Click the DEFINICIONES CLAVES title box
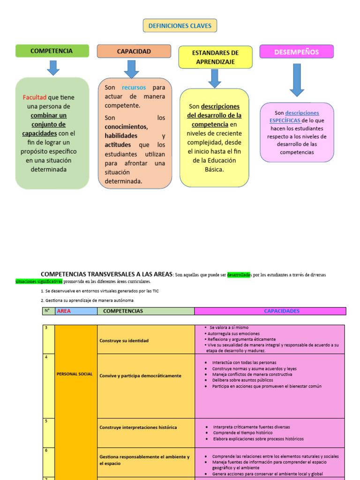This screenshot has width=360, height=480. pyautogui.click(x=180, y=26)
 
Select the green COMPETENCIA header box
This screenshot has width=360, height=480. pyautogui.click(x=52, y=51)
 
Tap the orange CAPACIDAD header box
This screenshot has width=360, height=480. pyautogui.click(x=134, y=51)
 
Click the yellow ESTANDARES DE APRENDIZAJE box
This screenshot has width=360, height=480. pyautogui.click(x=215, y=57)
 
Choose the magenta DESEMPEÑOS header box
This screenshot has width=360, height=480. pyautogui.click(x=296, y=52)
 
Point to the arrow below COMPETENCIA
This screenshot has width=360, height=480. pyautogui.click(x=53, y=67)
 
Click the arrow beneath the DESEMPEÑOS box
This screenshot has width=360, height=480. pyautogui.click(x=297, y=80)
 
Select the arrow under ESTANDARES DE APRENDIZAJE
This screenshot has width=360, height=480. pyautogui.click(x=215, y=78)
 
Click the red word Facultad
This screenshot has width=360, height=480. pyautogui.click(x=35, y=97)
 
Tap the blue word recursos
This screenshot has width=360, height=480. pyautogui.click(x=134, y=88)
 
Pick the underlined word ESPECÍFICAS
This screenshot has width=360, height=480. pyautogui.click(x=285, y=120)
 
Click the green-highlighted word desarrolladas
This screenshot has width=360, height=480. pyautogui.click(x=239, y=275)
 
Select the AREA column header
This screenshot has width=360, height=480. pyautogui.click(x=63, y=311)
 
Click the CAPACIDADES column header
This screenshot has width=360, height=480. pyautogui.click(x=281, y=311)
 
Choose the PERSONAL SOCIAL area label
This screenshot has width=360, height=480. pyautogui.click(x=75, y=374)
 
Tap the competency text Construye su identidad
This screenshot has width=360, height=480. pyautogui.click(x=124, y=341)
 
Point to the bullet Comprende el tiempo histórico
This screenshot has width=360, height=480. pyautogui.click(x=242, y=433)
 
